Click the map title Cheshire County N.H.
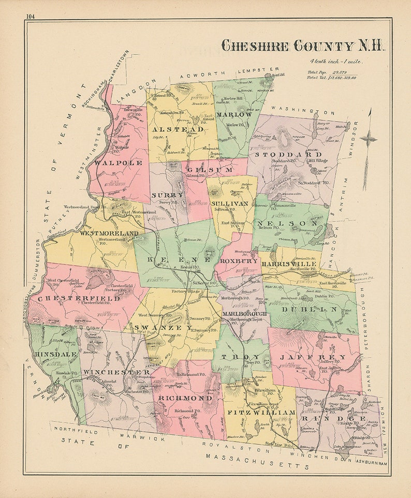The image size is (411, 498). pos(303,46)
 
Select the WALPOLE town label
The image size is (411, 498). pos(119,163)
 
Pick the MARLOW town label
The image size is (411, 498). pos(234,114)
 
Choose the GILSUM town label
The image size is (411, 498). pos(203,170)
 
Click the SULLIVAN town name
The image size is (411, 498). pos(231,204)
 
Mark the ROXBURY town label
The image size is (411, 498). pos(239,261)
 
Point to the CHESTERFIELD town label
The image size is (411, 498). pos(79,298)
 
